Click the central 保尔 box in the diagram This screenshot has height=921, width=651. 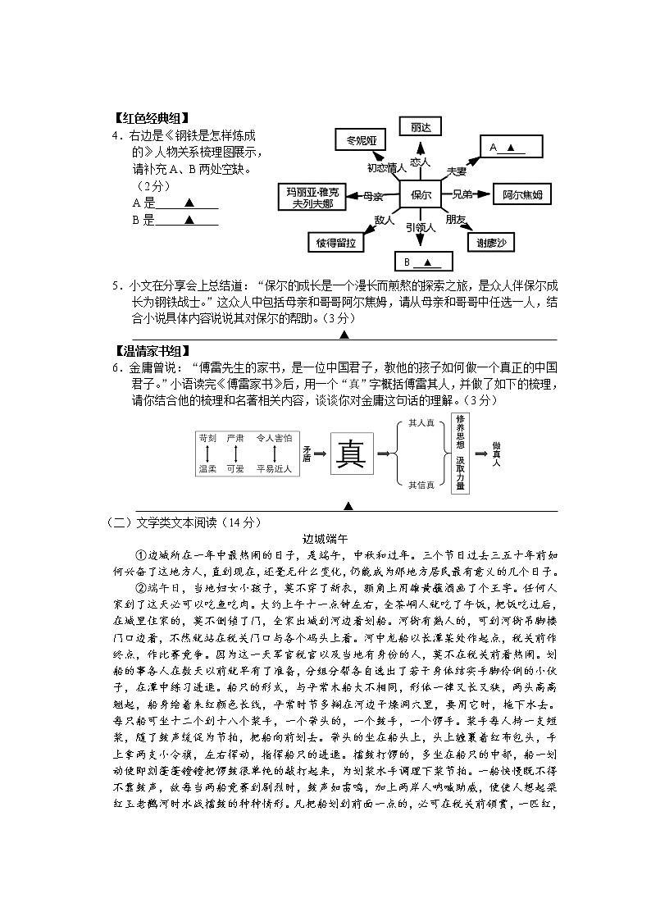(x=421, y=195)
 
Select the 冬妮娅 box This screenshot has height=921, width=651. (x=360, y=139)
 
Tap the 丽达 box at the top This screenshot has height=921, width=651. (x=420, y=127)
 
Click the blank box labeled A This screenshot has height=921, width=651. (x=513, y=148)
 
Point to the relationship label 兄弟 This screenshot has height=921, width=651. (x=462, y=195)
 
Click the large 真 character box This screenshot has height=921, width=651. (x=352, y=454)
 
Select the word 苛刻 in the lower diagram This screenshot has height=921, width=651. (x=207, y=439)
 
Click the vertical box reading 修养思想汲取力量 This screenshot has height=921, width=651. (x=460, y=454)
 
